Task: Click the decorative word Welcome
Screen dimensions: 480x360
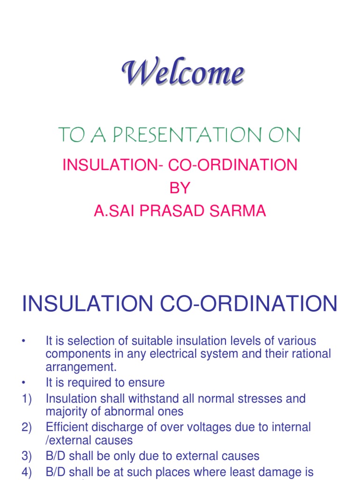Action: (x=183, y=75)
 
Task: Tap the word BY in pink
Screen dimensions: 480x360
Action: (x=180, y=188)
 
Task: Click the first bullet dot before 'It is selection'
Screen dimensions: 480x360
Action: (x=22, y=341)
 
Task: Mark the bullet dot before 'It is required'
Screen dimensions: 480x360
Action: (x=22, y=383)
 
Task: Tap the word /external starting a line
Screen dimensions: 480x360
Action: (x=66, y=441)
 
